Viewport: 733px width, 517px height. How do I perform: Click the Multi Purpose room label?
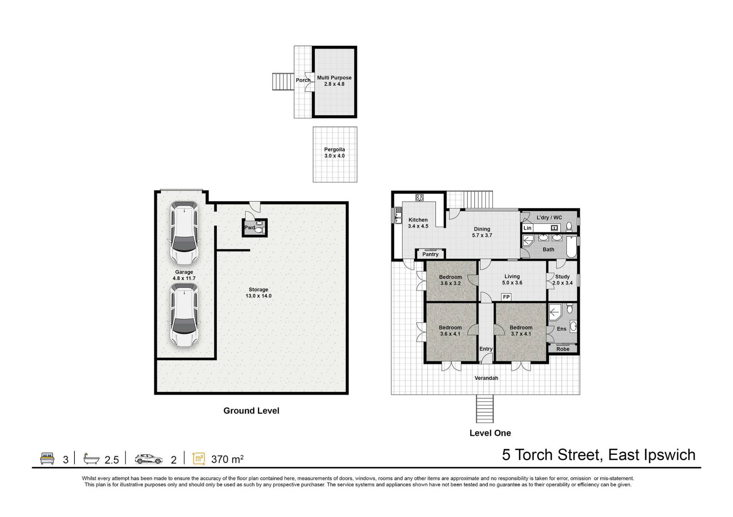334,81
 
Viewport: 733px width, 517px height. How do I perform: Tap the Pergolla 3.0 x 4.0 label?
334,153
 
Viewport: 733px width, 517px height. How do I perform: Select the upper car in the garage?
184,233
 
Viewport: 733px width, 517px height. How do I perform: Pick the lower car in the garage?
184,315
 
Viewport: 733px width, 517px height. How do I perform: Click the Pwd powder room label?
250,228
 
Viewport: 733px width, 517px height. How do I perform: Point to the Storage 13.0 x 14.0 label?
258,293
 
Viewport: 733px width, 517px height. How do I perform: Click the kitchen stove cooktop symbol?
419,197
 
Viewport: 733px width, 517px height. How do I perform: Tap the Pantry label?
430,254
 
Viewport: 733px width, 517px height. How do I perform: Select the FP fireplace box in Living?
506,297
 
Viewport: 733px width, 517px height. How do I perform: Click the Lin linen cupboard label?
527,228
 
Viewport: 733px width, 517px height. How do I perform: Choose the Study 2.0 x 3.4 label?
562,280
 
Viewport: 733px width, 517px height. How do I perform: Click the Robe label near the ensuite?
563,349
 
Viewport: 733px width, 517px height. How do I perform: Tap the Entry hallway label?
486,349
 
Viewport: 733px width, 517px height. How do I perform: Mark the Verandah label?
486,378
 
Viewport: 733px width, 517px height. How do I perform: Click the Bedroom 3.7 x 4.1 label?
521,331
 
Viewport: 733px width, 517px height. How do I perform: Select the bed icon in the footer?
47,458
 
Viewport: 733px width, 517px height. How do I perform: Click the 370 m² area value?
227,459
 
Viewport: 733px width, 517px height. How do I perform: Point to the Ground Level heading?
251,411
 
